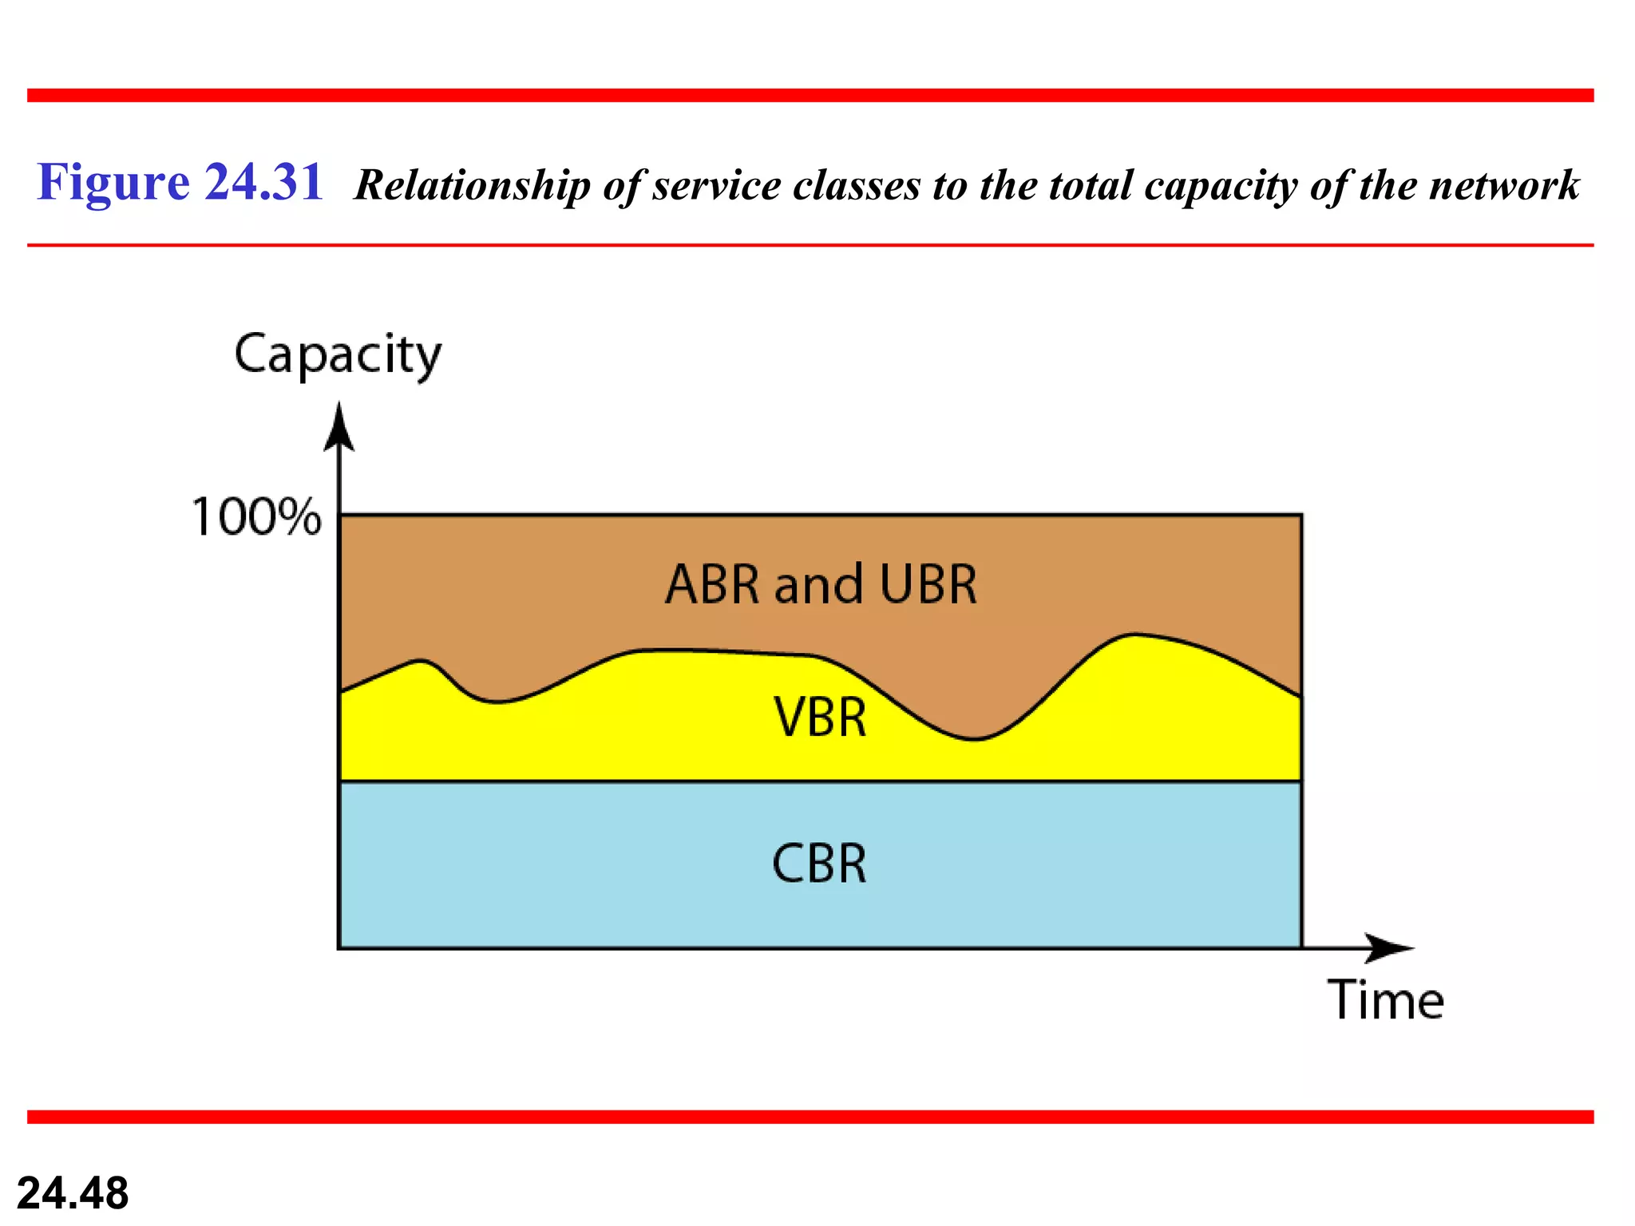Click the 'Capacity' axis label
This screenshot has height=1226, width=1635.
337,354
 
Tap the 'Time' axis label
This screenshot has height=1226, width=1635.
1385,1000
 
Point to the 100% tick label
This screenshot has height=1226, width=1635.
256,516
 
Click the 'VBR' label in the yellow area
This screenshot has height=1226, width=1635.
820,717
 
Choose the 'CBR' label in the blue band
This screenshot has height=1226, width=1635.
819,864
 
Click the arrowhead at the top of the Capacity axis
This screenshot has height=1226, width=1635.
339,427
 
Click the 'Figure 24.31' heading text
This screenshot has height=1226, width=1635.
180,182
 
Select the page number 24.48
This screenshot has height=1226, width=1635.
73,1193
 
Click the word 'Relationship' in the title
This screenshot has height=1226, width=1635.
472,186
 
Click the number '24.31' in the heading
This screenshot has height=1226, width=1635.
263,182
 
